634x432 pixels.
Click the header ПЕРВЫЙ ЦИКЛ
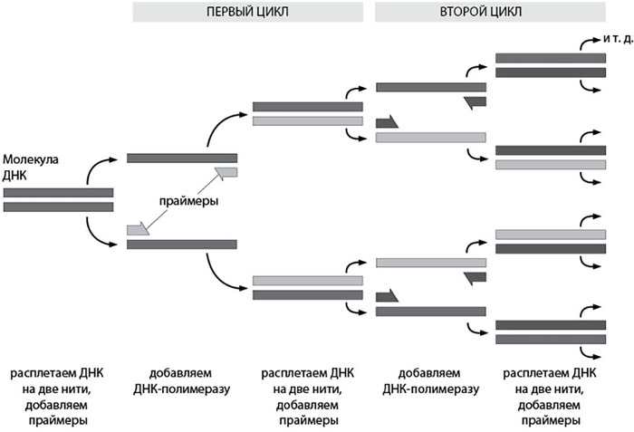point(249,11)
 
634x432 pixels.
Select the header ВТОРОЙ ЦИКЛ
point(493,11)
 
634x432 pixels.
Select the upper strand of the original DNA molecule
point(59,192)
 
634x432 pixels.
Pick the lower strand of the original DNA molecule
point(59,207)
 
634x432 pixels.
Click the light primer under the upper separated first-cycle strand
point(226,172)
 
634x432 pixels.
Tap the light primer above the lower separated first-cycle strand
point(138,230)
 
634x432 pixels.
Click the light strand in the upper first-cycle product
point(308,121)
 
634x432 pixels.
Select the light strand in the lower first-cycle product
point(308,280)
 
